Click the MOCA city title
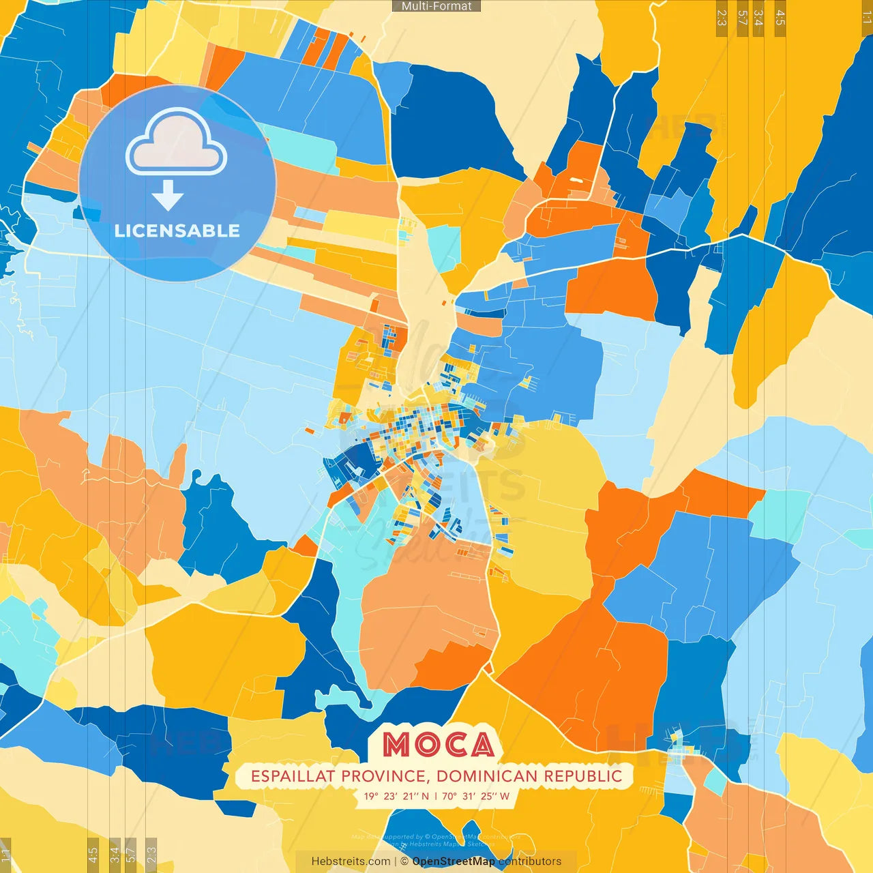point(438,745)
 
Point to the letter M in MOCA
point(396,745)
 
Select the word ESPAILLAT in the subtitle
point(293,776)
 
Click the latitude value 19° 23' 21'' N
point(396,796)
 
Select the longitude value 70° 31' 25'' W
point(475,796)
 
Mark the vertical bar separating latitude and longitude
point(436,796)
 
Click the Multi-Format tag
point(436,6)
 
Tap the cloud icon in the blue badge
point(176,143)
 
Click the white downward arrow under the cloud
point(168,196)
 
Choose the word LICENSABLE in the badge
point(177,231)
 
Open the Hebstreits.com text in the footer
point(351,861)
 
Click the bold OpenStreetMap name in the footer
point(454,861)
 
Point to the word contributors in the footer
point(530,861)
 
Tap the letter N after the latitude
point(426,796)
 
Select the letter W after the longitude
point(504,796)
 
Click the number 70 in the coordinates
point(448,796)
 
